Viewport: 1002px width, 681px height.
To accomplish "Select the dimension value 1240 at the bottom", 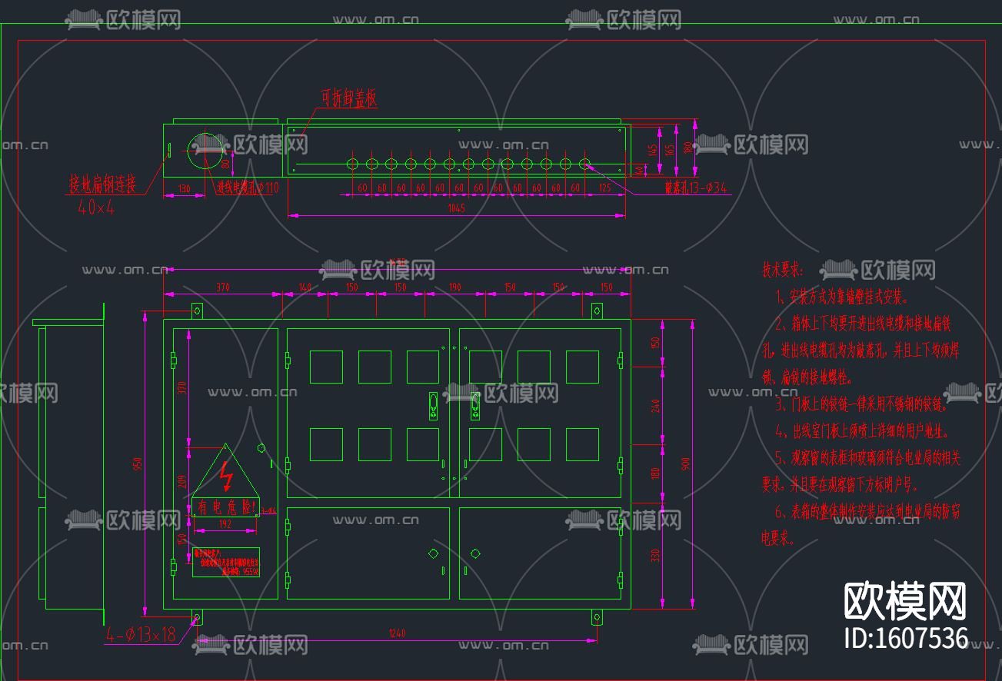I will pyautogui.click(x=397, y=633).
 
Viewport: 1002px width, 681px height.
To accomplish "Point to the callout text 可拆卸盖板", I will pyautogui.click(x=349, y=98).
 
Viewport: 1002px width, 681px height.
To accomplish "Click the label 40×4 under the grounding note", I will pyautogui.click(x=96, y=207).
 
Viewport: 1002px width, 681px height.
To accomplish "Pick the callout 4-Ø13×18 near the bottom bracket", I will pyautogui.click(x=141, y=635).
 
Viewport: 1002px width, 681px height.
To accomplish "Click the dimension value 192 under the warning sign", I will pyautogui.click(x=224, y=523).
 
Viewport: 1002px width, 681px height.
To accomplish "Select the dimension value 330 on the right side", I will pyautogui.click(x=656, y=554).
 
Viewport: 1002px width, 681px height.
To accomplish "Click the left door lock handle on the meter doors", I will pyautogui.click(x=433, y=405).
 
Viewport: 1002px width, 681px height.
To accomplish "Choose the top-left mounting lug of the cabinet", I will pyautogui.click(x=197, y=311).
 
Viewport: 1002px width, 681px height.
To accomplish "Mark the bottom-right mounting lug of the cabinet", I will pyautogui.click(x=597, y=617).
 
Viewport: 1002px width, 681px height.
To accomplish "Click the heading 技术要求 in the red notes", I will pyautogui.click(x=783, y=270).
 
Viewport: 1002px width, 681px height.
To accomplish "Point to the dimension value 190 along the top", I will pyautogui.click(x=454, y=287).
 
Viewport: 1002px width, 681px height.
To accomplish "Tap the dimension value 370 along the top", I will pyautogui.click(x=223, y=287).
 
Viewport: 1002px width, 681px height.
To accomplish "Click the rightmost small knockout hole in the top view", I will pyautogui.click(x=585, y=164).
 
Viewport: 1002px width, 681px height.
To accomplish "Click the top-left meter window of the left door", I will pyautogui.click(x=326, y=367).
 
